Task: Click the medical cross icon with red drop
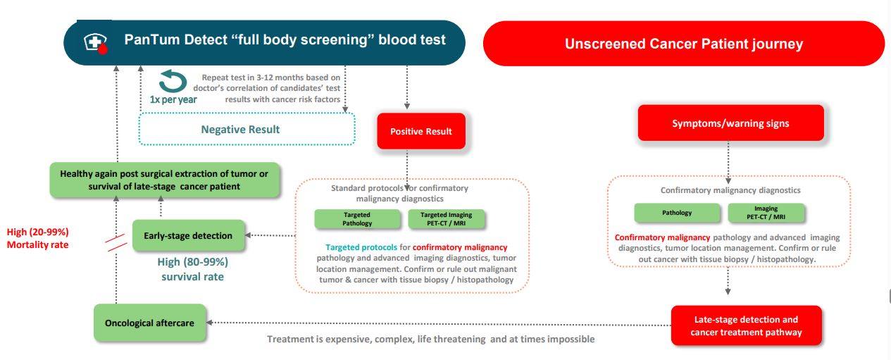(x=96, y=43)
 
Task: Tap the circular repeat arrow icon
(x=173, y=81)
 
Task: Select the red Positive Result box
(x=421, y=131)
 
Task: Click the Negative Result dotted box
(x=247, y=130)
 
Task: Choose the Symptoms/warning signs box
(x=730, y=123)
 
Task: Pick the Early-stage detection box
(x=188, y=235)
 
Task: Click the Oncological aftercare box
(x=149, y=323)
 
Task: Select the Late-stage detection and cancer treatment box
(x=746, y=325)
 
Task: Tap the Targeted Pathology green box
(x=357, y=219)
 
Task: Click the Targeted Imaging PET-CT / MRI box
(x=447, y=219)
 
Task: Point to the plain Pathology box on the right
(x=677, y=213)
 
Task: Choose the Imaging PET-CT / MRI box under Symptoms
(x=766, y=213)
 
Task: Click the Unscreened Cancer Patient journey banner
(x=684, y=44)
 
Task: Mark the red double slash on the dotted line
(x=116, y=242)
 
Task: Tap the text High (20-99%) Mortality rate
(x=38, y=238)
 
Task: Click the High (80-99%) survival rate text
(x=192, y=269)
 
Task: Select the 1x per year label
(x=173, y=99)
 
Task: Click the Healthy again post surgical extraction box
(x=165, y=180)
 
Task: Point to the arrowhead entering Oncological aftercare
(x=209, y=322)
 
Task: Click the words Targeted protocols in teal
(x=361, y=247)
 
